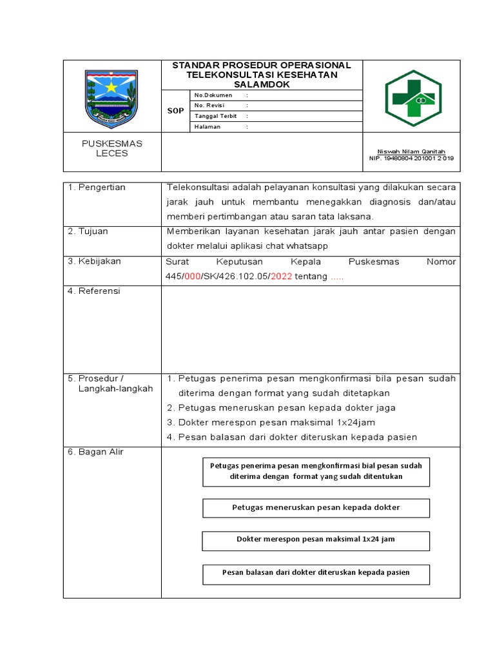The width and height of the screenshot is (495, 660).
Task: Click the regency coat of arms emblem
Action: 112,99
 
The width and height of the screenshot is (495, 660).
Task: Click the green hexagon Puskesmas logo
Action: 412,97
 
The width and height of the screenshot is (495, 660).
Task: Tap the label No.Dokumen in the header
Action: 213,95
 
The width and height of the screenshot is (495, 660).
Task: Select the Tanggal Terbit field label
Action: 215,116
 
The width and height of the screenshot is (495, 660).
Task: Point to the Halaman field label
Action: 207,127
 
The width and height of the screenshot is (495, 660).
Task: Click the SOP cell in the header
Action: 175,111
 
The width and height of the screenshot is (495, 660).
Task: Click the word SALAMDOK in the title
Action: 261,84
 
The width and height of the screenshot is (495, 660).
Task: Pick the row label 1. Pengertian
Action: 97,188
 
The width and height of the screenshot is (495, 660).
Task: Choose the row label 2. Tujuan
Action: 88,231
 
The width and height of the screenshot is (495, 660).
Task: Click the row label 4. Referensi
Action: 94,291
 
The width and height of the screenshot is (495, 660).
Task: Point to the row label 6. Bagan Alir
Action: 95,452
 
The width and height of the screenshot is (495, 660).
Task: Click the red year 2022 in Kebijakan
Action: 281,276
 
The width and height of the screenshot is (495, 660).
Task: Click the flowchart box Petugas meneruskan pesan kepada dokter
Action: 316,508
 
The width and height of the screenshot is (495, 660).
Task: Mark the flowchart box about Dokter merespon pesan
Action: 316,540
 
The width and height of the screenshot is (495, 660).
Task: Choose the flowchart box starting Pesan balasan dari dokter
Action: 316,573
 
